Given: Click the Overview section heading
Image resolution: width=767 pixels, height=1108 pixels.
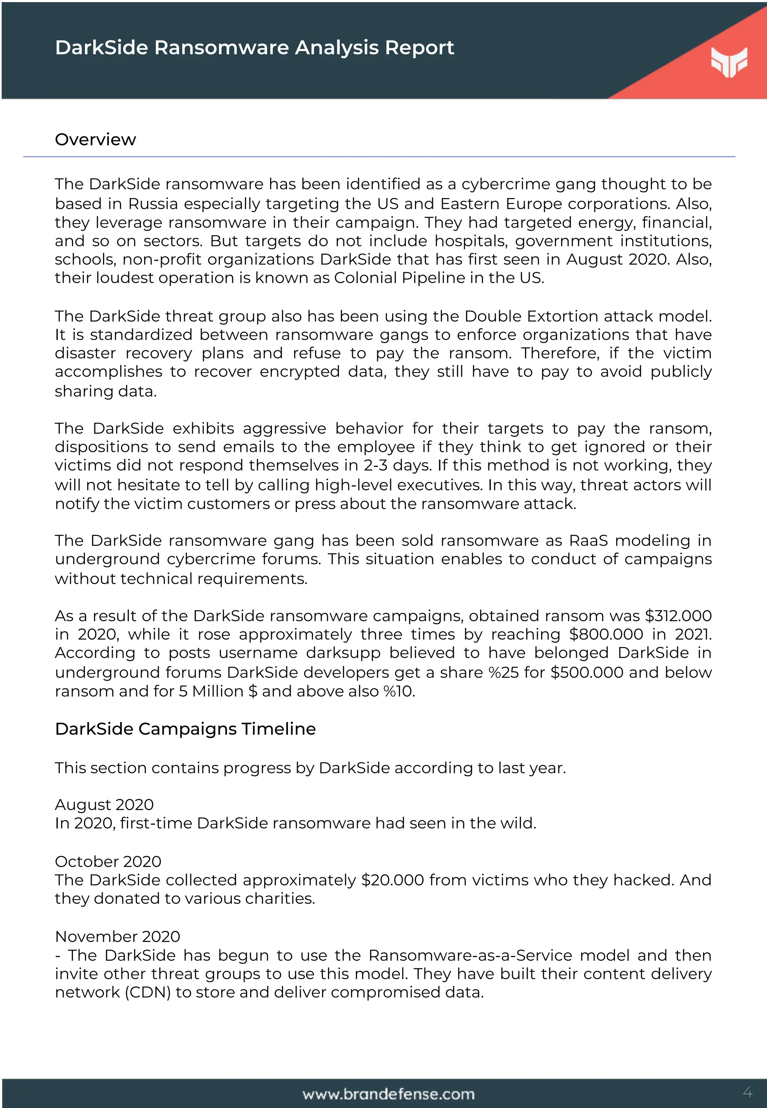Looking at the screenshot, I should point(95,139).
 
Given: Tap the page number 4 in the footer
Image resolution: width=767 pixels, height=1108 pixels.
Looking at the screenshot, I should point(747,1092).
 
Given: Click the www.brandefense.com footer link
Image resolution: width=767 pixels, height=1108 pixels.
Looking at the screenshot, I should point(388,1094).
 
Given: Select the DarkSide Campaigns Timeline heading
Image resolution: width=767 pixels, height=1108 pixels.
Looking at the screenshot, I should point(185,729).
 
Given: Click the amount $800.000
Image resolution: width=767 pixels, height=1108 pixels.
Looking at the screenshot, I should point(606,634).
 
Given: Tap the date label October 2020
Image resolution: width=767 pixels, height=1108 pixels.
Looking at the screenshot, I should point(108,862).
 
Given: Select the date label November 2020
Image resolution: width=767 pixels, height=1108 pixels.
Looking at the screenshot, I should point(117,937).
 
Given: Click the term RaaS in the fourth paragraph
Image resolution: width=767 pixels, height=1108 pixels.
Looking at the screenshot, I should point(588,541).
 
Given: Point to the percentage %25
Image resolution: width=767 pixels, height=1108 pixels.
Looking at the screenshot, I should point(503,672).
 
